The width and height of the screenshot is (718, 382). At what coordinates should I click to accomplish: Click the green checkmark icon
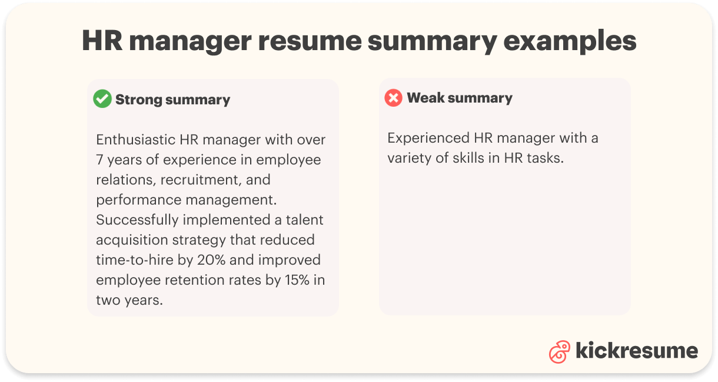102,98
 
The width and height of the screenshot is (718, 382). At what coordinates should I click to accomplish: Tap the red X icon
393,98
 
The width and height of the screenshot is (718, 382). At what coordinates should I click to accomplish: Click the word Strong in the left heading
139,100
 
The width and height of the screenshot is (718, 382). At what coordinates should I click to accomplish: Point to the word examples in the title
570,41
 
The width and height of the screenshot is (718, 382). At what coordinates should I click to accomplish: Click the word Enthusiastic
135,140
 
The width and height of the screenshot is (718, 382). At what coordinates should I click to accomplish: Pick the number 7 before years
99,160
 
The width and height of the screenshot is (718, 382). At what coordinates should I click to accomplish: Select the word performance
139,200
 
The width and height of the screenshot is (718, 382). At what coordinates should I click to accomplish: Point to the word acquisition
132,240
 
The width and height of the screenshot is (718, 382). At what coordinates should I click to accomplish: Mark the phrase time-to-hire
135,260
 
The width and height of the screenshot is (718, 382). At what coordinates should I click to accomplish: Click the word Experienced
428,139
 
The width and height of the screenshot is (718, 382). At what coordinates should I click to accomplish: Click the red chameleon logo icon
560,351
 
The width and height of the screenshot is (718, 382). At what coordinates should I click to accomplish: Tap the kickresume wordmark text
637,350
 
